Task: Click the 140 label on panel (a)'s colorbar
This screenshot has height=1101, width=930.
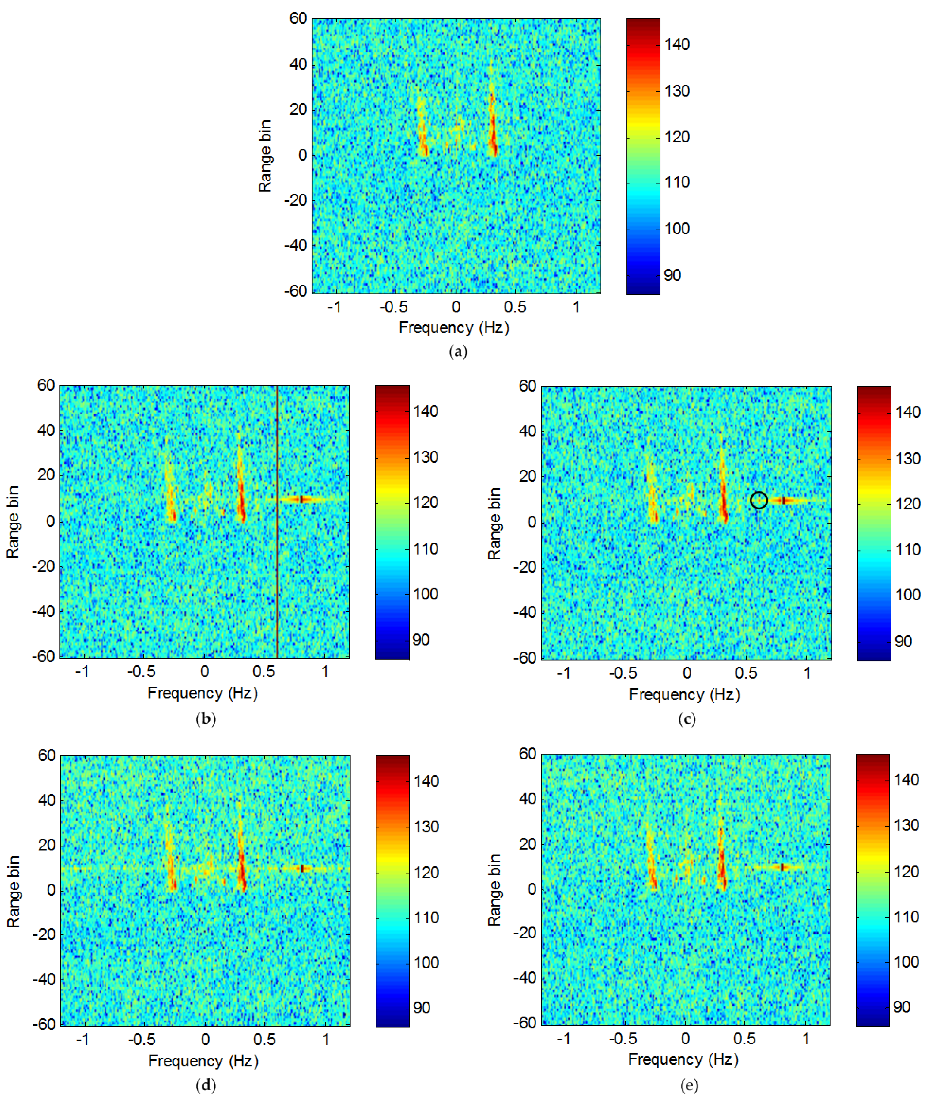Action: click(677, 45)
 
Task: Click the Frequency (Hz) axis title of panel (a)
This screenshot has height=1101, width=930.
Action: click(454, 328)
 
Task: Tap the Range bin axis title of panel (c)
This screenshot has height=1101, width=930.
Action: click(494, 523)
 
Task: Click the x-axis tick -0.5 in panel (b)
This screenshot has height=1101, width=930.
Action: click(141, 672)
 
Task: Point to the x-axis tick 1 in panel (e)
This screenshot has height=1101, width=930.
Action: click(806, 1039)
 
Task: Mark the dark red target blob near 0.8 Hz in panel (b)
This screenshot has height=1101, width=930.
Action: click(301, 499)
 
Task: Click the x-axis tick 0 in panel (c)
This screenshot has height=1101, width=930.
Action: click(686, 673)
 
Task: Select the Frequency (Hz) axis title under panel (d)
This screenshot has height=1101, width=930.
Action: click(203, 1061)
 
